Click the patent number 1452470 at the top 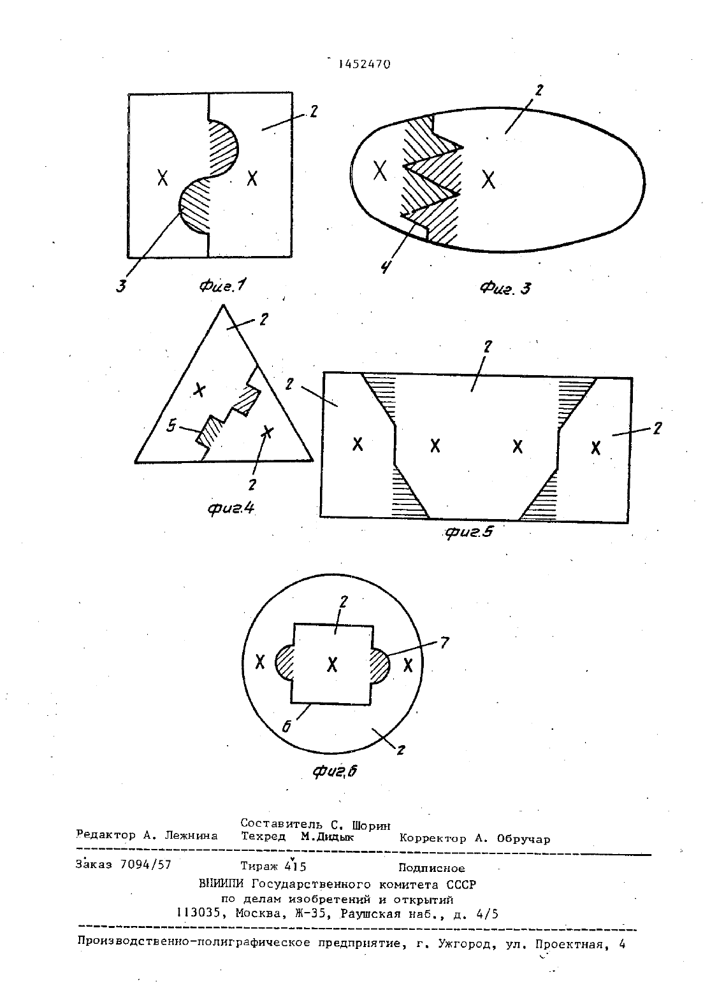click(x=365, y=64)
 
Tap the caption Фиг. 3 click(x=505, y=289)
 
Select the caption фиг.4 click(x=231, y=508)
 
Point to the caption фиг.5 click(x=469, y=532)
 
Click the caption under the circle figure click(x=334, y=784)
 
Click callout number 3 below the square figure click(x=121, y=286)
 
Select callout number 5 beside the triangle click(x=171, y=426)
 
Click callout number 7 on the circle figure click(x=444, y=642)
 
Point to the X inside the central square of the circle click(x=332, y=664)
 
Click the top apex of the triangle click(x=223, y=305)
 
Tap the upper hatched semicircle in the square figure click(x=222, y=147)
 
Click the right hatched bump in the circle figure click(x=379, y=665)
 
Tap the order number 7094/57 click(x=146, y=864)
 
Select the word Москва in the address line click(x=257, y=913)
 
